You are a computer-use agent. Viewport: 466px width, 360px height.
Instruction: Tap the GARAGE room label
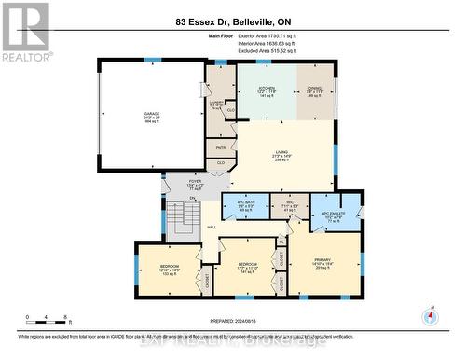[150, 119]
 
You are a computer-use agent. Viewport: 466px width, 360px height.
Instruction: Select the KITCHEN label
[266, 90]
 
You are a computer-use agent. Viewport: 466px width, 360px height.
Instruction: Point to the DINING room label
[315, 90]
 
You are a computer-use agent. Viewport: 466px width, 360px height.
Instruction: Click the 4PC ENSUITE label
[334, 213]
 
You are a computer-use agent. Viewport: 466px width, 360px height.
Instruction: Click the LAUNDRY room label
[217, 104]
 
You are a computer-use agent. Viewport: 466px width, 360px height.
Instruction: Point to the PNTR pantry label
[221, 147]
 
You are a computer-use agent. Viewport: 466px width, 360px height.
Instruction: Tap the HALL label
[212, 227]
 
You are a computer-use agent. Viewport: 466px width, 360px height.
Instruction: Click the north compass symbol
[430, 314]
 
